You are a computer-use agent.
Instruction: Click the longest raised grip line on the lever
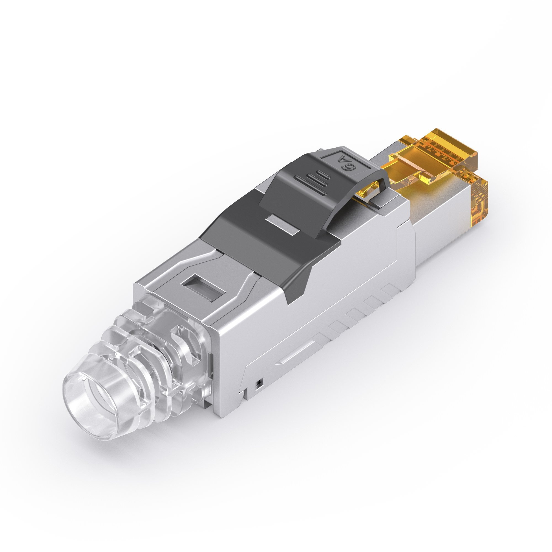point(310,186)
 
